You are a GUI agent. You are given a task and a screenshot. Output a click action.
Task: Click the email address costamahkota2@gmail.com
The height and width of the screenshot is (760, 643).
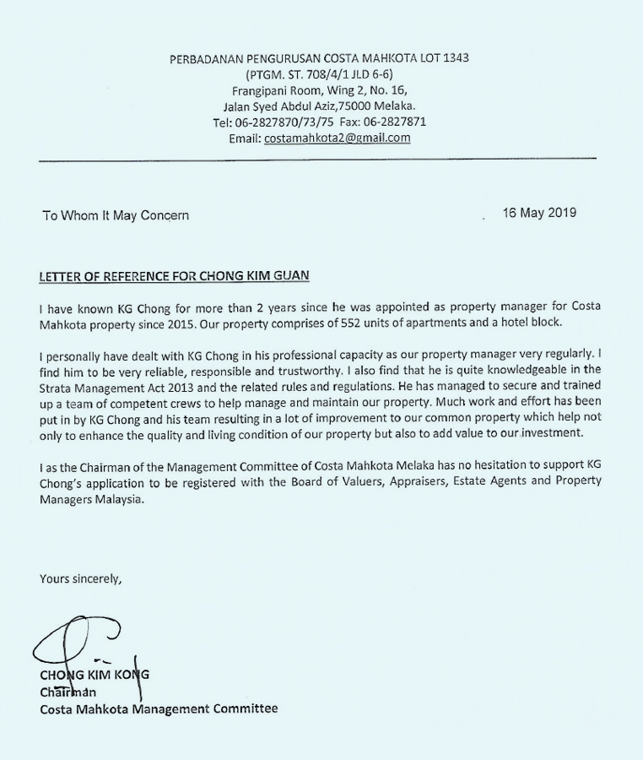(338, 138)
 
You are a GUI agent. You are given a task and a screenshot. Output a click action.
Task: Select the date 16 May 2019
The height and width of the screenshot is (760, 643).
(540, 213)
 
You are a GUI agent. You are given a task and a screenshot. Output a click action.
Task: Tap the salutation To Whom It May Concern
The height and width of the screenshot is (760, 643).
(116, 215)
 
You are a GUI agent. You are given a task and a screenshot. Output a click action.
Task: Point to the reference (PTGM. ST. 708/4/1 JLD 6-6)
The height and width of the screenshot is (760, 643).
(320, 74)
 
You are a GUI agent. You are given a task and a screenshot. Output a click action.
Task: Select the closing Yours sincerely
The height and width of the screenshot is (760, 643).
(81, 578)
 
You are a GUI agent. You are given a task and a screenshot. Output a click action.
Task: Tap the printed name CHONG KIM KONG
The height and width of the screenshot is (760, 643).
(95, 675)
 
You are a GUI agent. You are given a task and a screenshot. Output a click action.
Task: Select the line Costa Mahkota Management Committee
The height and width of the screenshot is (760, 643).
(159, 708)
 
